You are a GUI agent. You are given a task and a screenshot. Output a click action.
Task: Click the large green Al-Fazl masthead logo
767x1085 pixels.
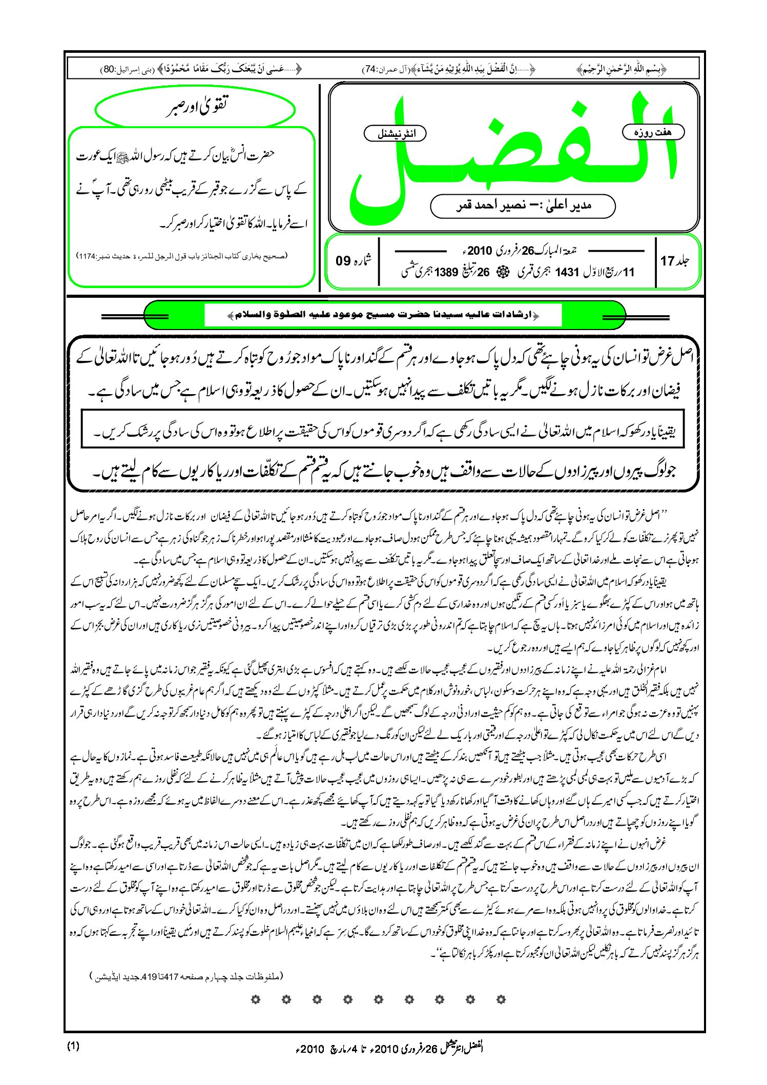coord(512,154)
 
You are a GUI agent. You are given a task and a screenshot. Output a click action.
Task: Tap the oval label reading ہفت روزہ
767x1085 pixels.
coord(653,132)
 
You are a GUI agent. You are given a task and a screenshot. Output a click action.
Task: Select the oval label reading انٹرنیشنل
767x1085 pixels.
coord(395,134)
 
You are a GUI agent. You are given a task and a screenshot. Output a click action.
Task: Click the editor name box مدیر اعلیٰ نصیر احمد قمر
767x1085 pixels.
coord(523,206)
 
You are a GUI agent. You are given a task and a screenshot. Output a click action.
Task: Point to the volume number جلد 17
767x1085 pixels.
coord(675,261)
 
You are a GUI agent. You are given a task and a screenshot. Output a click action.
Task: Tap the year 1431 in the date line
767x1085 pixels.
coord(567,272)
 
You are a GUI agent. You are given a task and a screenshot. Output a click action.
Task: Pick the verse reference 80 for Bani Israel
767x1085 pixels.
coord(109,69)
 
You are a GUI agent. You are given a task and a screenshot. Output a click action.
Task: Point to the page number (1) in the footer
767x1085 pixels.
coord(73,1046)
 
